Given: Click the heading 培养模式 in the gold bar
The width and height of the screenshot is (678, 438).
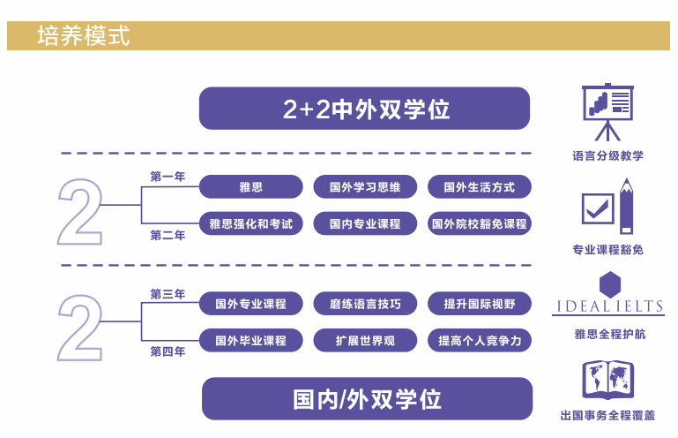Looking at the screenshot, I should pyautogui.click(x=84, y=36).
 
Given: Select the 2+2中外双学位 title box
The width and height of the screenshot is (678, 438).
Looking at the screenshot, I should pyautogui.click(x=364, y=109).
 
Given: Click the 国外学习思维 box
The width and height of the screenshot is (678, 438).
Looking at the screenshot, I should pyautogui.click(x=365, y=187).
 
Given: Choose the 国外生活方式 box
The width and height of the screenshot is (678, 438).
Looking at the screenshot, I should pyautogui.click(x=480, y=187).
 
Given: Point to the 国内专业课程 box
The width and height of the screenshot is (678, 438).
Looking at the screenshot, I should pyautogui.click(x=365, y=224).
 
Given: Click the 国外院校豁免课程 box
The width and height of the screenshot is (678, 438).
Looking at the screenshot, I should pyautogui.click(x=480, y=224).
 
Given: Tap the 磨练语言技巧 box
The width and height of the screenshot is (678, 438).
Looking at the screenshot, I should pyautogui.click(x=365, y=304).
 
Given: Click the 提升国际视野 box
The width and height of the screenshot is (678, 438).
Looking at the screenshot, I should pyautogui.click(x=480, y=304).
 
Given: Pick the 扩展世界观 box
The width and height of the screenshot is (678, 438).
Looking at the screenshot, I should pyautogui.click(x=365, y=340).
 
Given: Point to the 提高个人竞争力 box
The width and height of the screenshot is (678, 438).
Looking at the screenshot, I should pyautogui.click(x=480, y=340).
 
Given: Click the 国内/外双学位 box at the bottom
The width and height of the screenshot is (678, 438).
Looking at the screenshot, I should pyautogui.click(x=367, y=398).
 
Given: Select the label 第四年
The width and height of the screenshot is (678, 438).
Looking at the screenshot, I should pyautogui.click(x=168, y=351).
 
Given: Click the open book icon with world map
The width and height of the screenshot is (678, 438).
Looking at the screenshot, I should pyautogui.click(x=607, y=380).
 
